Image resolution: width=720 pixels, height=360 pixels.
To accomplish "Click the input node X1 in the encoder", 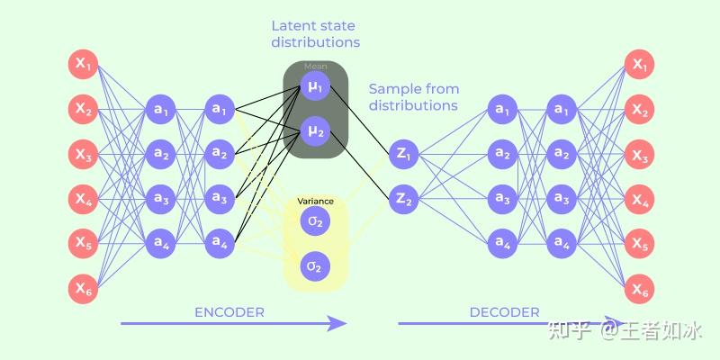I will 84,66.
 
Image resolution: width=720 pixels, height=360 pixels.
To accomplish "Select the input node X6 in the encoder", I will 84,289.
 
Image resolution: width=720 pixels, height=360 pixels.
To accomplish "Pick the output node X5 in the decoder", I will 640,244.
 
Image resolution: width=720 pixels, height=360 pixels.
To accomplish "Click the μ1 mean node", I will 315,87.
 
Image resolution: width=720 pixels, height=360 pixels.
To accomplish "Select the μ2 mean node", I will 315,132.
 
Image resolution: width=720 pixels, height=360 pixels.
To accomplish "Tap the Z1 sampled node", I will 402,155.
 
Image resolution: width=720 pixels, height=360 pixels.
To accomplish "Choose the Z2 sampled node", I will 402,200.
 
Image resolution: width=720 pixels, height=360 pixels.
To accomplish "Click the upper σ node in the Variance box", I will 315,221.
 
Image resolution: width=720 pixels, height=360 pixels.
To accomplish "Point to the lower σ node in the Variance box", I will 315,266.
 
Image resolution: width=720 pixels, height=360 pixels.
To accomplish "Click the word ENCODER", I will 229,312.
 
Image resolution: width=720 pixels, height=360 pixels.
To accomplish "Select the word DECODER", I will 505,312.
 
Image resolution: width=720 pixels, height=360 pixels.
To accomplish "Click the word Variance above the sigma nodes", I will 315,202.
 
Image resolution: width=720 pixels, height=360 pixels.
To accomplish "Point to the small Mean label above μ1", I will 315,67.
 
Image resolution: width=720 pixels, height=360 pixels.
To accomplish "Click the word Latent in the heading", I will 293,25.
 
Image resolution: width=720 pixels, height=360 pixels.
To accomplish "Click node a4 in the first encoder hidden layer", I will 161,243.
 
